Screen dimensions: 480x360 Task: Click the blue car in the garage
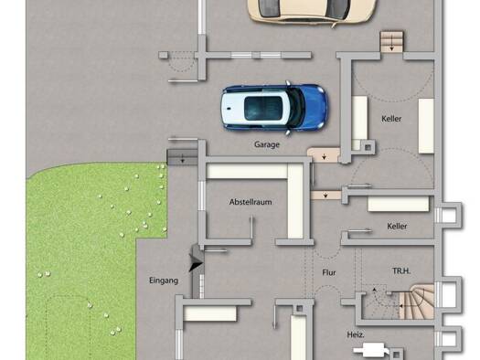point(274,108)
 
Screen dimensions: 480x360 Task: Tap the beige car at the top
point(312,12)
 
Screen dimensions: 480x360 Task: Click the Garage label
point(267,144)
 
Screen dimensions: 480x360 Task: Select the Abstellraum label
point(251,202)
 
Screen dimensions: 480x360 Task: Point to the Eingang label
point(164,281)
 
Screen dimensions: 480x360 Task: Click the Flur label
point(329,272)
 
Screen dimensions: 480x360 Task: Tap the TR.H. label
point(401,271)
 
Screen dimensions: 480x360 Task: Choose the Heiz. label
point(356,335)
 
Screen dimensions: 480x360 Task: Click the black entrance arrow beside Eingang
point(196,264)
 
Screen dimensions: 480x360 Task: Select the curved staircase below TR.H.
point(417,302)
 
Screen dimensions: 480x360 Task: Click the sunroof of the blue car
point(263,108)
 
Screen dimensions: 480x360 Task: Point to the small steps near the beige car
point(392,42)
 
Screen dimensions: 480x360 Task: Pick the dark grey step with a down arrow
point(182,157)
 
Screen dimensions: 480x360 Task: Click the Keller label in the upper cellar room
point(391,119)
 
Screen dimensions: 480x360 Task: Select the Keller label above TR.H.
point(397,227)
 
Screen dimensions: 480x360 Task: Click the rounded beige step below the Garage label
point(324,154)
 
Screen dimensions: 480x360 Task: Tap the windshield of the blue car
point(295,107)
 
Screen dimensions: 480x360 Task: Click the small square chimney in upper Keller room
point(368,147)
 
